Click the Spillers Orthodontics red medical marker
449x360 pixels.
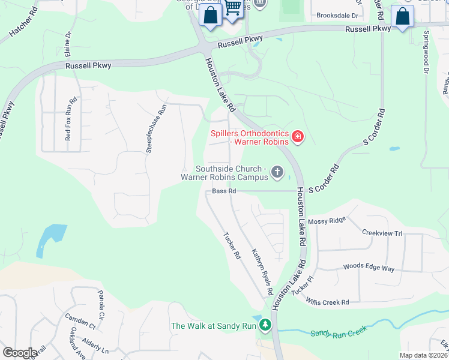(297, 137)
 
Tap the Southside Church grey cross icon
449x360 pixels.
(277, 173)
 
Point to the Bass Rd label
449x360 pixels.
(224, 191)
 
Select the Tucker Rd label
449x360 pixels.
(232, 245)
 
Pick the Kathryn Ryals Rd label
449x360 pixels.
(262, 272)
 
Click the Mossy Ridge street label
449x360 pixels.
(327, 221)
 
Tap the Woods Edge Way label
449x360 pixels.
(369, 268)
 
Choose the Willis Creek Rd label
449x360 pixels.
(327, 302)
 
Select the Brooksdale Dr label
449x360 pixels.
(337, 15)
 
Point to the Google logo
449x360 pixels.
(20, 353)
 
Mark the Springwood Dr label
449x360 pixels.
(427, 53)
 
